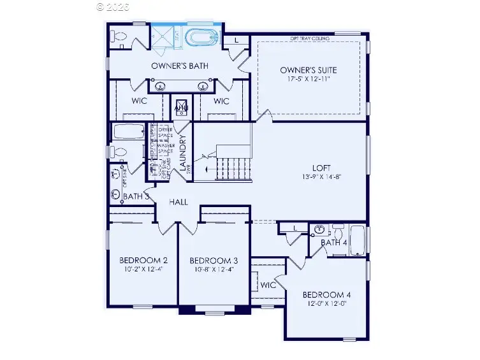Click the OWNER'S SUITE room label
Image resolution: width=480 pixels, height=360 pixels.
pos(309,69)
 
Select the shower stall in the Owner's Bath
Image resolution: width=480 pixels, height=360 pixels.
pos(167,37)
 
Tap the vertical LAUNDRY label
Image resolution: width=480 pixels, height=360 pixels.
pos(182,154)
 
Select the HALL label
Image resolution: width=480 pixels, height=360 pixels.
pos(178,202)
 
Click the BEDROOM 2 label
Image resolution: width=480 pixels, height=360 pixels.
pos(143,261)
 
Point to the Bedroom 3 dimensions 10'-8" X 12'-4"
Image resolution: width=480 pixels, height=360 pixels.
pos(214,270)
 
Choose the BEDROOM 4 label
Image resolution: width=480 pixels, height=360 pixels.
pos(326,295)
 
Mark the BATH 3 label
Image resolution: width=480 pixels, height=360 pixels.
pos(136,197)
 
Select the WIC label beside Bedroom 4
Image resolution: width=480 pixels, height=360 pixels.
pos(268,285)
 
